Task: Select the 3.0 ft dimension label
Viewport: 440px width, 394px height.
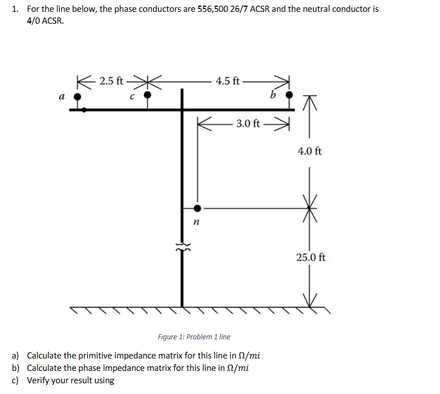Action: point(248,123)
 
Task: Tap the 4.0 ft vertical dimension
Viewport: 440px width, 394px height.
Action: point(310,151)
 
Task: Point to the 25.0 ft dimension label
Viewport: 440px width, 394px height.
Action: point(311,258)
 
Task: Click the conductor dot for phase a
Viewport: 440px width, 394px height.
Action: point(79,96)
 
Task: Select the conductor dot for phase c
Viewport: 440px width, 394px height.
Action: point(147,96)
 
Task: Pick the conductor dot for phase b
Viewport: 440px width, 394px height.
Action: point(289,96)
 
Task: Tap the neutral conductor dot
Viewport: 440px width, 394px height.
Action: point(197,209)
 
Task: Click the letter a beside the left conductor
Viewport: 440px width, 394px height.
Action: point(61,96)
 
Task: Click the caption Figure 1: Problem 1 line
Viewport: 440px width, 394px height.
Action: point(194,337)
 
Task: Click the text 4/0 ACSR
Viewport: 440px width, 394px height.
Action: point(46,21)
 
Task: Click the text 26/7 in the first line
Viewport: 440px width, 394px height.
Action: point(248,10)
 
